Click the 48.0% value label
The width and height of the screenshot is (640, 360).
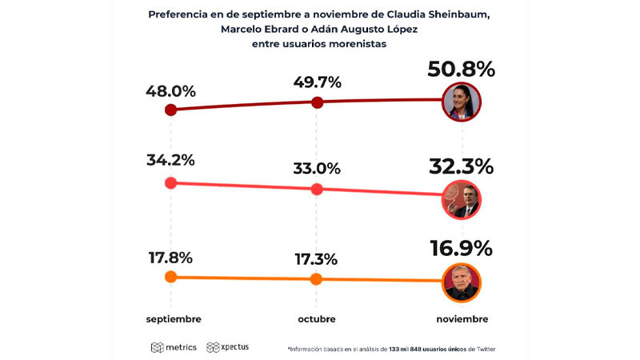[170, 91]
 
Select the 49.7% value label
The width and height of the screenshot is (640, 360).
[317, 82]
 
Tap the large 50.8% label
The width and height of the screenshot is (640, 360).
[461, 70]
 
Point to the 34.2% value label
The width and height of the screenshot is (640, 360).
[170, 160]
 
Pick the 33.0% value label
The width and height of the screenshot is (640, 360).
[317, 169]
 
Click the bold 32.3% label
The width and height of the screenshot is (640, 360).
[461, 167]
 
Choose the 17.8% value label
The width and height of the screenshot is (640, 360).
[170, 258]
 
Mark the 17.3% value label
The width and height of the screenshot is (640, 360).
[317, 261]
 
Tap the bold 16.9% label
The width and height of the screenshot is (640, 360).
[461, 249]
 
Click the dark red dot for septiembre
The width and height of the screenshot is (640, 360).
[170, 110]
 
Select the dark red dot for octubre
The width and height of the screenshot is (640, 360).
[317, 102]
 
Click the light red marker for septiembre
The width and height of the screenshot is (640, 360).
[170, 182]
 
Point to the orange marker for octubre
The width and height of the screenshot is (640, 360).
[316, 279]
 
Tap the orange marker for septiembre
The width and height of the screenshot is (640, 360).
[170, 277]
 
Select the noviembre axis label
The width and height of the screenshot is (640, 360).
[461, 318]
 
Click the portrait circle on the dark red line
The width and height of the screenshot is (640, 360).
[462, 102]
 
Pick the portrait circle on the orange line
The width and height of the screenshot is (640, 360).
[462, 282]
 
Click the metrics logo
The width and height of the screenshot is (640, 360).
[174, 347]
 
